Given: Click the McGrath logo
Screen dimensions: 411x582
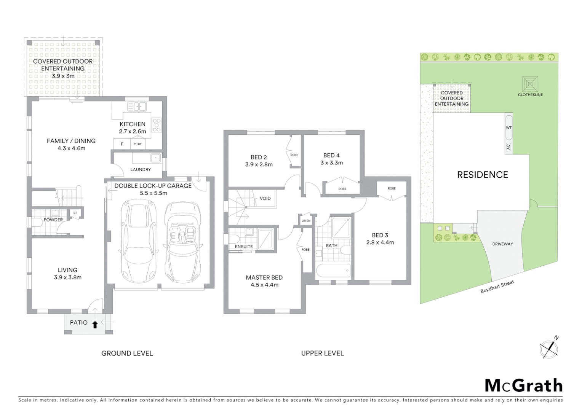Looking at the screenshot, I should (x=523, y=386).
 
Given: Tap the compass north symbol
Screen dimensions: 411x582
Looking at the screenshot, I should (x=549, y=348).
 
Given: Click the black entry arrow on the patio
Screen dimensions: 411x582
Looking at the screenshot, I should (x=95, y=325).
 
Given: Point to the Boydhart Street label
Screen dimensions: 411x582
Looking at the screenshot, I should (x=497, y=287).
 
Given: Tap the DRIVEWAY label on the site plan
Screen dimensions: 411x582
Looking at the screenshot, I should (x=502, y=244).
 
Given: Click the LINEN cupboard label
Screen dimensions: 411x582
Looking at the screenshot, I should (x=306, y=221).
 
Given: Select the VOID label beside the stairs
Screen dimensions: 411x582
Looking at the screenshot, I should (x=265, y=198).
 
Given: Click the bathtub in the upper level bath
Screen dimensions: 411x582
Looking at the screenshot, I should (x=333, y=271).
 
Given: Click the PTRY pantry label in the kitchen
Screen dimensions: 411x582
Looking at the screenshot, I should (x=138, y=144).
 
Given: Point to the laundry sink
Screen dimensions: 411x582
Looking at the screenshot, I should (x=155, y=158).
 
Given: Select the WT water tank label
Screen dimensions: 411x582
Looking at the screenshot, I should (x=509, y=128).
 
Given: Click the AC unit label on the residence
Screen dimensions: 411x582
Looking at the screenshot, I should (x=508, y=147).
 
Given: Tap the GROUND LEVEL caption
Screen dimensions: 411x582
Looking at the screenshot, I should (x=127, y=354).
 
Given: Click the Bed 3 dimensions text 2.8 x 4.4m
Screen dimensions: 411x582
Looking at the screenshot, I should (x=380, y=242).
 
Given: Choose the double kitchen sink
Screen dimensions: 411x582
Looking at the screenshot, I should (x=136, y=107).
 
